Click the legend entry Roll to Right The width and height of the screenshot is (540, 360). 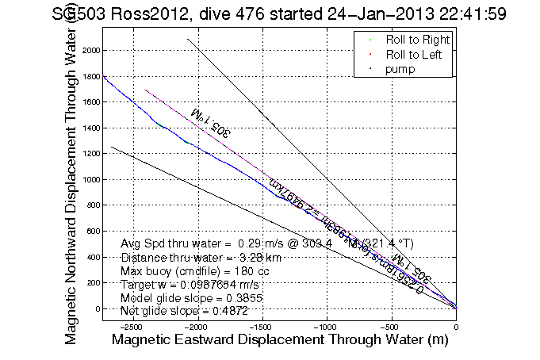tap(418, 40)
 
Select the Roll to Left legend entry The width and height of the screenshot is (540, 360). tap(415, 54)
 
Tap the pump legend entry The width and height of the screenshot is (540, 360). tap(401, 69)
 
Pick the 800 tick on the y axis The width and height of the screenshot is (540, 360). tap(88, 205)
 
